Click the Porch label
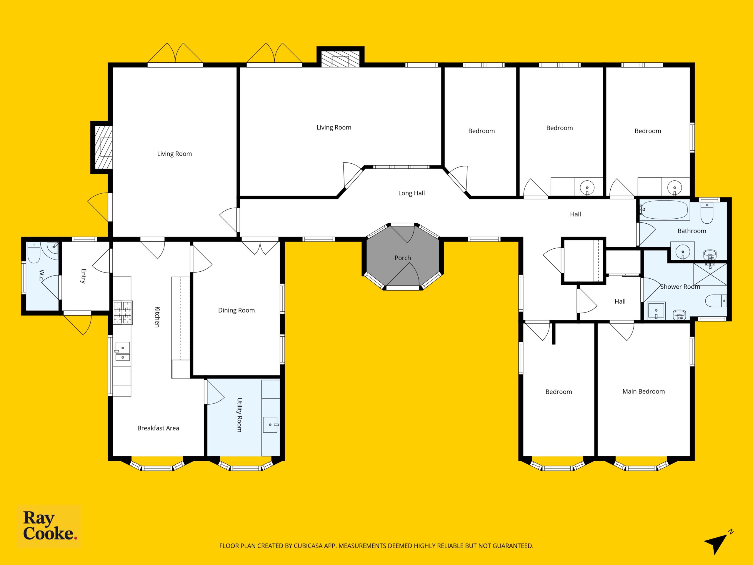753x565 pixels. point(403,258)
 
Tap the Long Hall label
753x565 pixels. point(412,193)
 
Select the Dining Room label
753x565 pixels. point(236,310)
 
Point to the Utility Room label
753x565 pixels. point(239,415)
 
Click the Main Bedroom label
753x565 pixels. point(643,391)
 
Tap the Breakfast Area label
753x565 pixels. point(158,428)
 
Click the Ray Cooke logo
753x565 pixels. point(49,526)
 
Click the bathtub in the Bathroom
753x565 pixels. point(664,210)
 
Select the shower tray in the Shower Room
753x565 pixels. point(710,274)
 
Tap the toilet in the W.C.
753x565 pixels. point(34,252)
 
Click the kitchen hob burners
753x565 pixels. point(123,312)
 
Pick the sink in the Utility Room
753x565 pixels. point(270,425)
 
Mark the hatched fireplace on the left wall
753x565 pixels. point(104,147)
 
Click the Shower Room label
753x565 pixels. point(680,287)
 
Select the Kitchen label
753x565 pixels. point(157,317)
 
